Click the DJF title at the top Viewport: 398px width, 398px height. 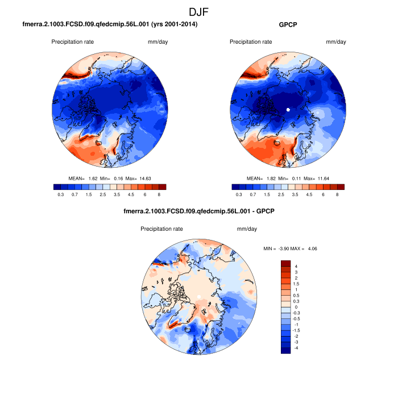tap(199, 11)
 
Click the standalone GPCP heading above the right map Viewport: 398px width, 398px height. tap(289, 25)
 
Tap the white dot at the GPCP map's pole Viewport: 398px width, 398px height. tap(288, 109)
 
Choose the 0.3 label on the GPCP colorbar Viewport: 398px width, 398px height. tap(238, 194)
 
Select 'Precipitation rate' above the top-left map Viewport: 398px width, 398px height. tap(72, 42)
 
